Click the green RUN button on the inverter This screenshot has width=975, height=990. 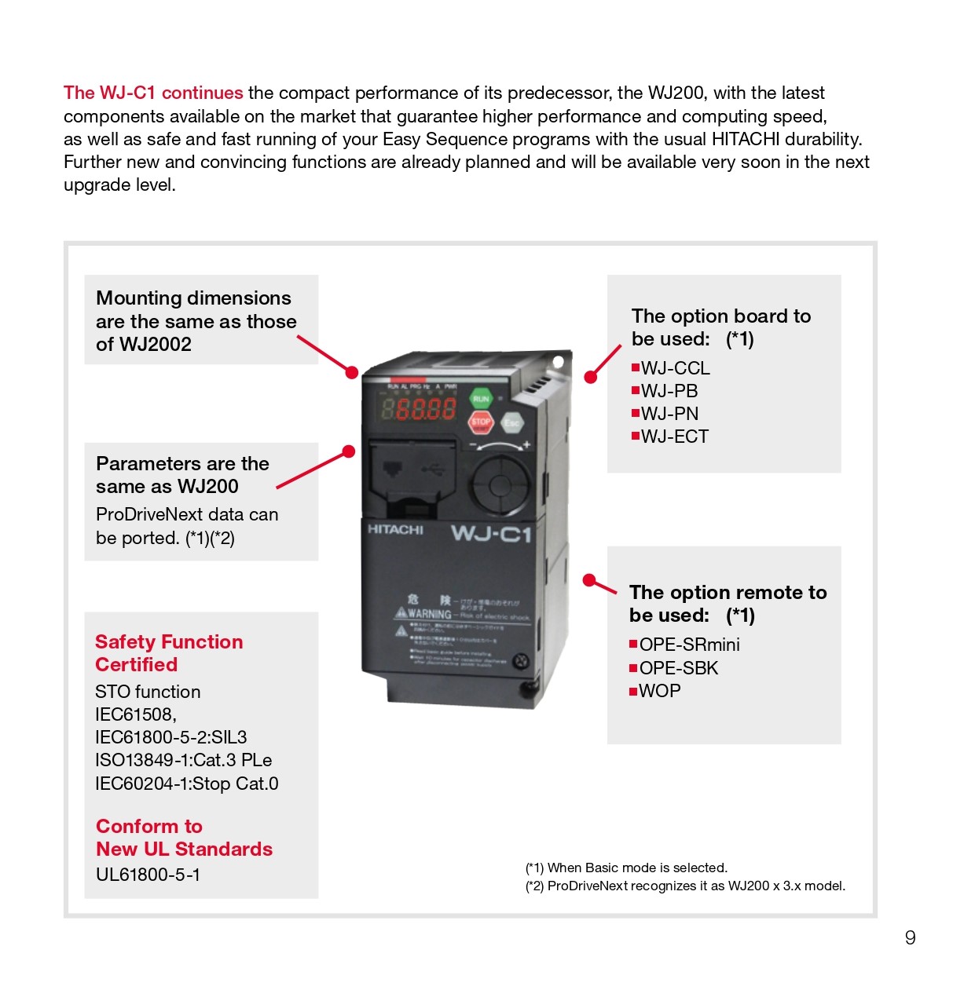(x=481, y=399)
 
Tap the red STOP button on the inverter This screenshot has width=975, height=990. (x=481, y=422)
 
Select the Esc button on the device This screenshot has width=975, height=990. (x=511, y=423)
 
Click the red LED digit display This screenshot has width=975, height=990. (x=419, y=409)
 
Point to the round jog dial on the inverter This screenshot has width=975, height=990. (x=500, y=484)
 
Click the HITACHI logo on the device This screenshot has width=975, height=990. (x=395, y=530)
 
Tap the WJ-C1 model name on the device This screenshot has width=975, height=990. (x=491, y=535)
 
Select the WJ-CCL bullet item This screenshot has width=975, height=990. (x=674, y=368)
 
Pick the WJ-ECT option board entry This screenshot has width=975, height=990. (x=673, y=437)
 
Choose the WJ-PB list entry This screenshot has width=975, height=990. (x=669, y=391)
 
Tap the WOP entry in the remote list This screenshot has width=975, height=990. (x=658, y=691)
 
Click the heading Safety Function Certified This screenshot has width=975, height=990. (x=169, y=653)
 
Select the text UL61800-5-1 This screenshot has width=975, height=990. (x=148, y=875)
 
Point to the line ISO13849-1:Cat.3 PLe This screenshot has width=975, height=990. (x=183, y=760)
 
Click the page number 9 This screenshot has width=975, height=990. (x=910, y=937)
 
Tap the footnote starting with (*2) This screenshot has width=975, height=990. (x=685, y=886)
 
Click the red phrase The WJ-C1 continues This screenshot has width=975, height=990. (x=153, y=93)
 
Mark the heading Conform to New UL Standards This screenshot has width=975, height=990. (x=184, y=838)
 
